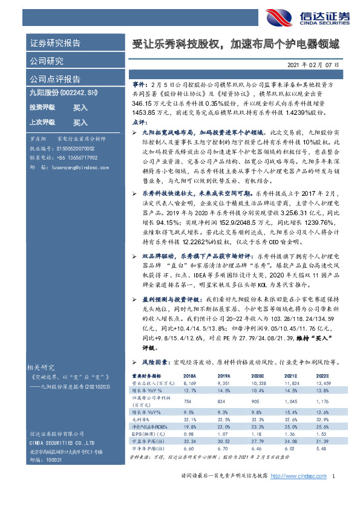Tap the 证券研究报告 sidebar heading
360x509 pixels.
click(55, 43)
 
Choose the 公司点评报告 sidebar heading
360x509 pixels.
click(55, 79)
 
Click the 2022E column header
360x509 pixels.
click(322, 375)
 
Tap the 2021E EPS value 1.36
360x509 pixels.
click(294, 434)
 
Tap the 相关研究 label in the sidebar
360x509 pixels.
click(41, 367)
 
